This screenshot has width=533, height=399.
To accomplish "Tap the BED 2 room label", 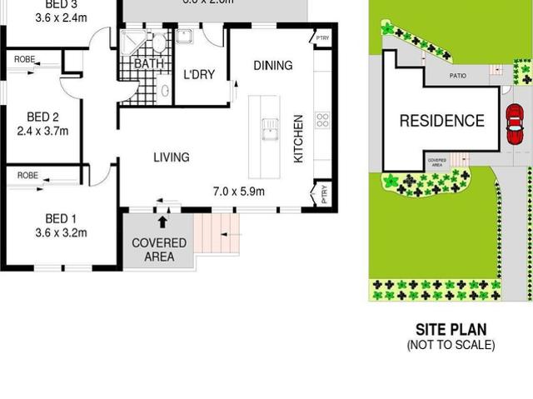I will (42, 117).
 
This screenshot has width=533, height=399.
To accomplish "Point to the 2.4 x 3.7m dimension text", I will (42, 131).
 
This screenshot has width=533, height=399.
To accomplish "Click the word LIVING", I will (171, 157).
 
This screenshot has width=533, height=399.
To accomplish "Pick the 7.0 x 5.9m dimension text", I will (239, 192).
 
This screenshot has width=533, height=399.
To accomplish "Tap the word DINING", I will (273, 66).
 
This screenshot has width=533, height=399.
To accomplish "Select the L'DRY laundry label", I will (199, 75).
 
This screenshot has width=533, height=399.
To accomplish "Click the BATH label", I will (149, 63).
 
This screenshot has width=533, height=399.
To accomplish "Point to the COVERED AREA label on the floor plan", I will (159, 250).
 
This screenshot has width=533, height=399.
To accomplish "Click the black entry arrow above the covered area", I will (162, 221).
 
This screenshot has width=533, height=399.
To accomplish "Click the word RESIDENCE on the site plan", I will (441, 122).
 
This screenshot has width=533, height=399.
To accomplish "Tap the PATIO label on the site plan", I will (458, 76).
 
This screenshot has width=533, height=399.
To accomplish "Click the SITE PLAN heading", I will (451, 330).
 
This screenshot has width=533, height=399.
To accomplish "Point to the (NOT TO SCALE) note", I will (451, 345).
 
